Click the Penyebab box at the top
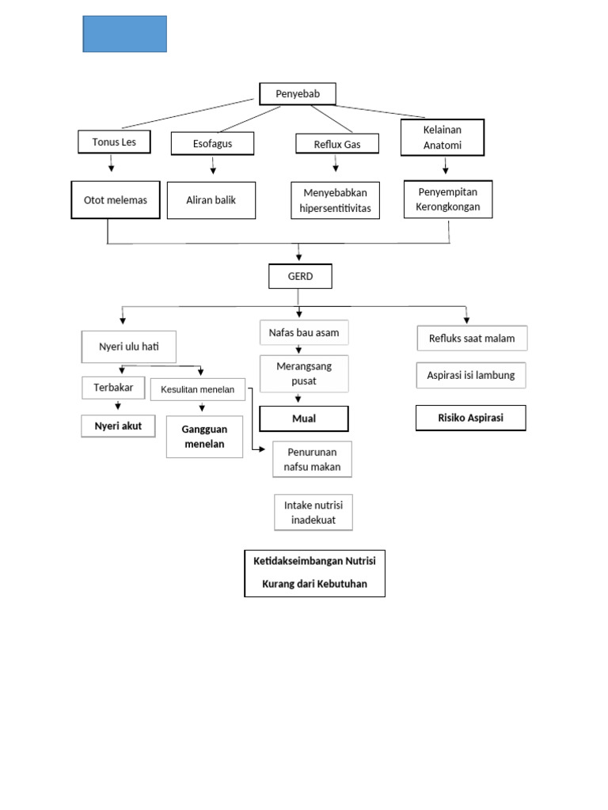click(x=298, y=94)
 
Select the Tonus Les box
click(x=114, y=142)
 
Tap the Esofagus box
click(x=212, y=144)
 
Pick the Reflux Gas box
click(x=337, y=144)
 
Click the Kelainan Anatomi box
click(x=442, y=138)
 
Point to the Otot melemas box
click(x=116, y=200)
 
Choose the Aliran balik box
click(x=211, y=200)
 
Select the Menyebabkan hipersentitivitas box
click(x=336, y=201)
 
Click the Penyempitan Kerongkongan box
click(x=448, y=199)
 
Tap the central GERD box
click(x=299, y=276)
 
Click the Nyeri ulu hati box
click(x=129, y=346)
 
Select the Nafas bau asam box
click(x=304, y=332)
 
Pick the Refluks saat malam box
click(x=472, y=339)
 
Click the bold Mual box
click(x=304, y=418)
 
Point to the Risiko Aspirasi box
click(x=471, y=418)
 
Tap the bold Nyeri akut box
click(x=119, y=426)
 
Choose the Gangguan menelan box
click(x=205, y=437)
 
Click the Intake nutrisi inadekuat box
click(x=313, y=513)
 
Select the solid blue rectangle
click(x=125, y=34)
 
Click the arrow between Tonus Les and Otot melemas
click(x=112, y=163)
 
